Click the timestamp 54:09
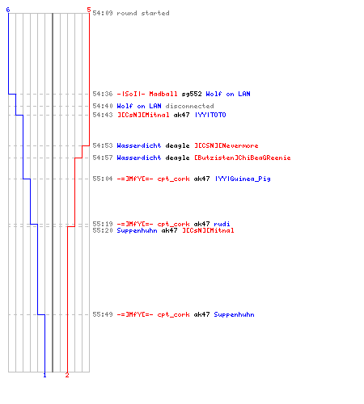click(x=103, y=13)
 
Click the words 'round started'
click(x=143, y=13)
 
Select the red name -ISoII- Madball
click(x=147, y=94)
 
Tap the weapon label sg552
click(x=192, y=94)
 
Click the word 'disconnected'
click(x=189, y=106)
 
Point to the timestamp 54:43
click(x=103, y=115)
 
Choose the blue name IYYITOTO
click(x=210, y=115)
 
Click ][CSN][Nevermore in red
click(x=226, y=145)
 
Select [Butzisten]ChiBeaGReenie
click(x=243, y=158)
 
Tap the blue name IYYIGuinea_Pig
click(x=243, y=179)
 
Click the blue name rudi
click(x=222, y=224)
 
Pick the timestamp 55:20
click(x=103, y=230)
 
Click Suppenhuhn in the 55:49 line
click(x=234, y=314)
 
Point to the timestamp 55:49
click(x=103, y=314)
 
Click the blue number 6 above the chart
click(x=8, y=10)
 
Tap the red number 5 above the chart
click(x=89, y=10)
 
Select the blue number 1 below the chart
click(x=44, y=375)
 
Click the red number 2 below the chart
click(x=67, y=375)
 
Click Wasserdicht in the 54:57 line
click(x=139, y=158)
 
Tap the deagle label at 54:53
click(x=177, y=146)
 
